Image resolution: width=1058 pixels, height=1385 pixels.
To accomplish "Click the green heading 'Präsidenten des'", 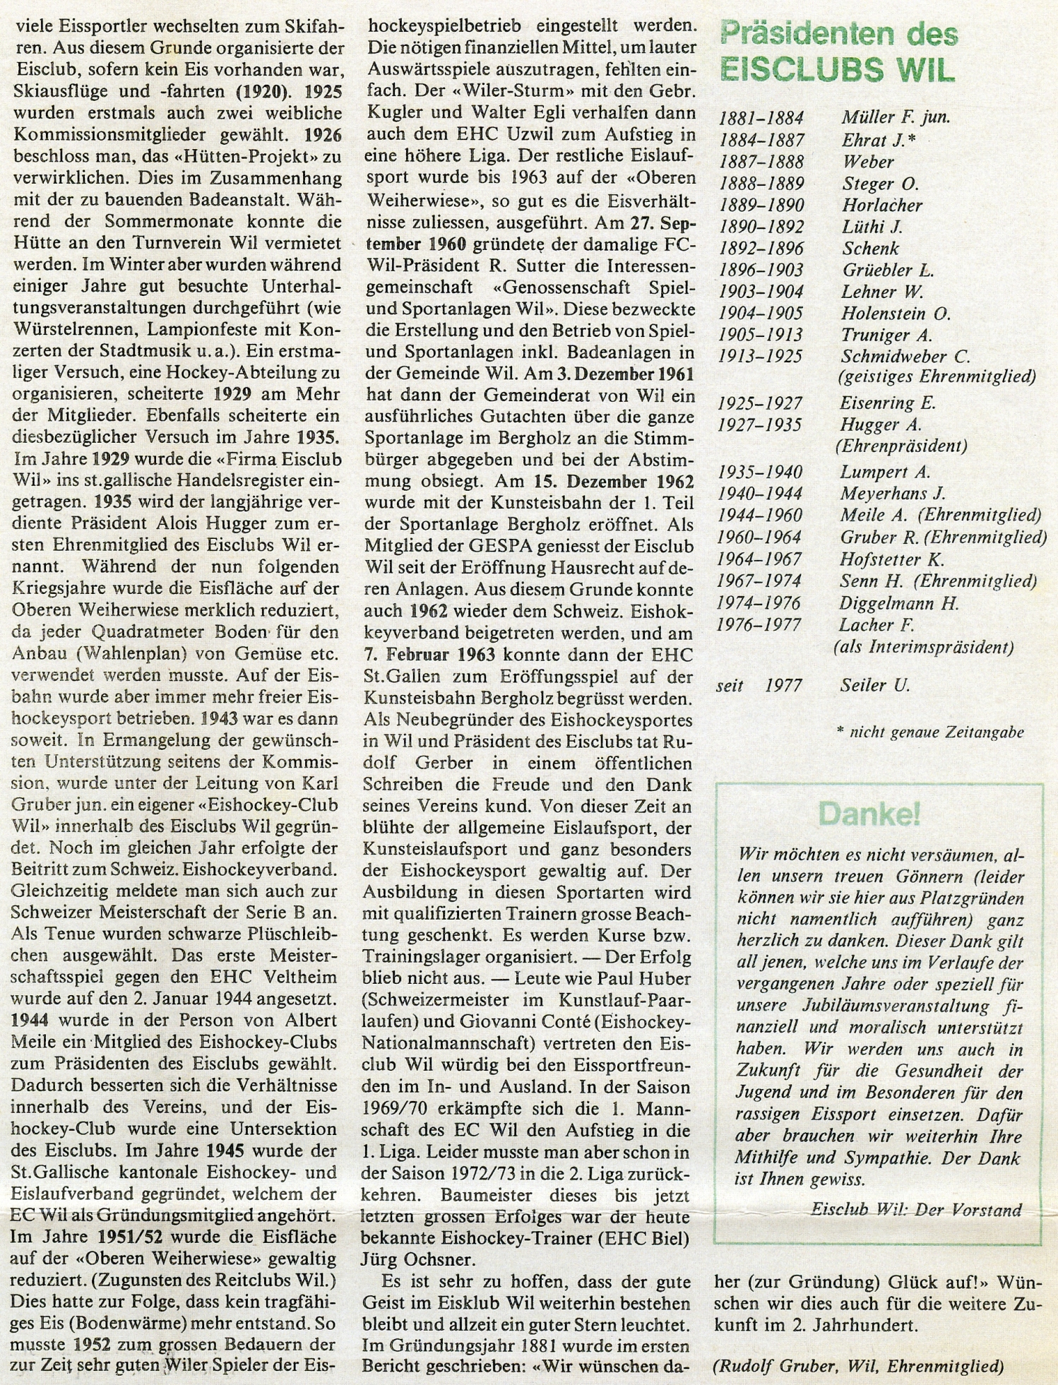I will (x=838, y=34).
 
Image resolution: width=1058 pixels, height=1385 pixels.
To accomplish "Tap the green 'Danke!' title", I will (x=869, y=814).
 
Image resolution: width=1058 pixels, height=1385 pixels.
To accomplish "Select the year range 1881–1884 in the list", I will (x=761, y=118).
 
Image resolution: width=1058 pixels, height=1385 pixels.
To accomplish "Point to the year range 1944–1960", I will (x=760, y=516).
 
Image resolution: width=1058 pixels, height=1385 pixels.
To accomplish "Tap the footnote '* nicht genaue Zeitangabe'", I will (x=929, y=732).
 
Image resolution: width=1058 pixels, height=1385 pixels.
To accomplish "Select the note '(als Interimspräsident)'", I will (x=924, y=647).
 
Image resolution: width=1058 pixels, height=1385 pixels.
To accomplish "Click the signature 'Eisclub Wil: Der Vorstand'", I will (x=916, y=1209).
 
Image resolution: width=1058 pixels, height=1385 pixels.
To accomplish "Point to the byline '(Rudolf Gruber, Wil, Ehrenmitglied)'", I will (x=858, y=1366).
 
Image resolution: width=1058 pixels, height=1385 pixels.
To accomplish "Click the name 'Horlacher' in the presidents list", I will (x=882, y=206).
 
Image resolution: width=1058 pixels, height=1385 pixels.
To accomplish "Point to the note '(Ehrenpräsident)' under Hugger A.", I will (x=901, y=446).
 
